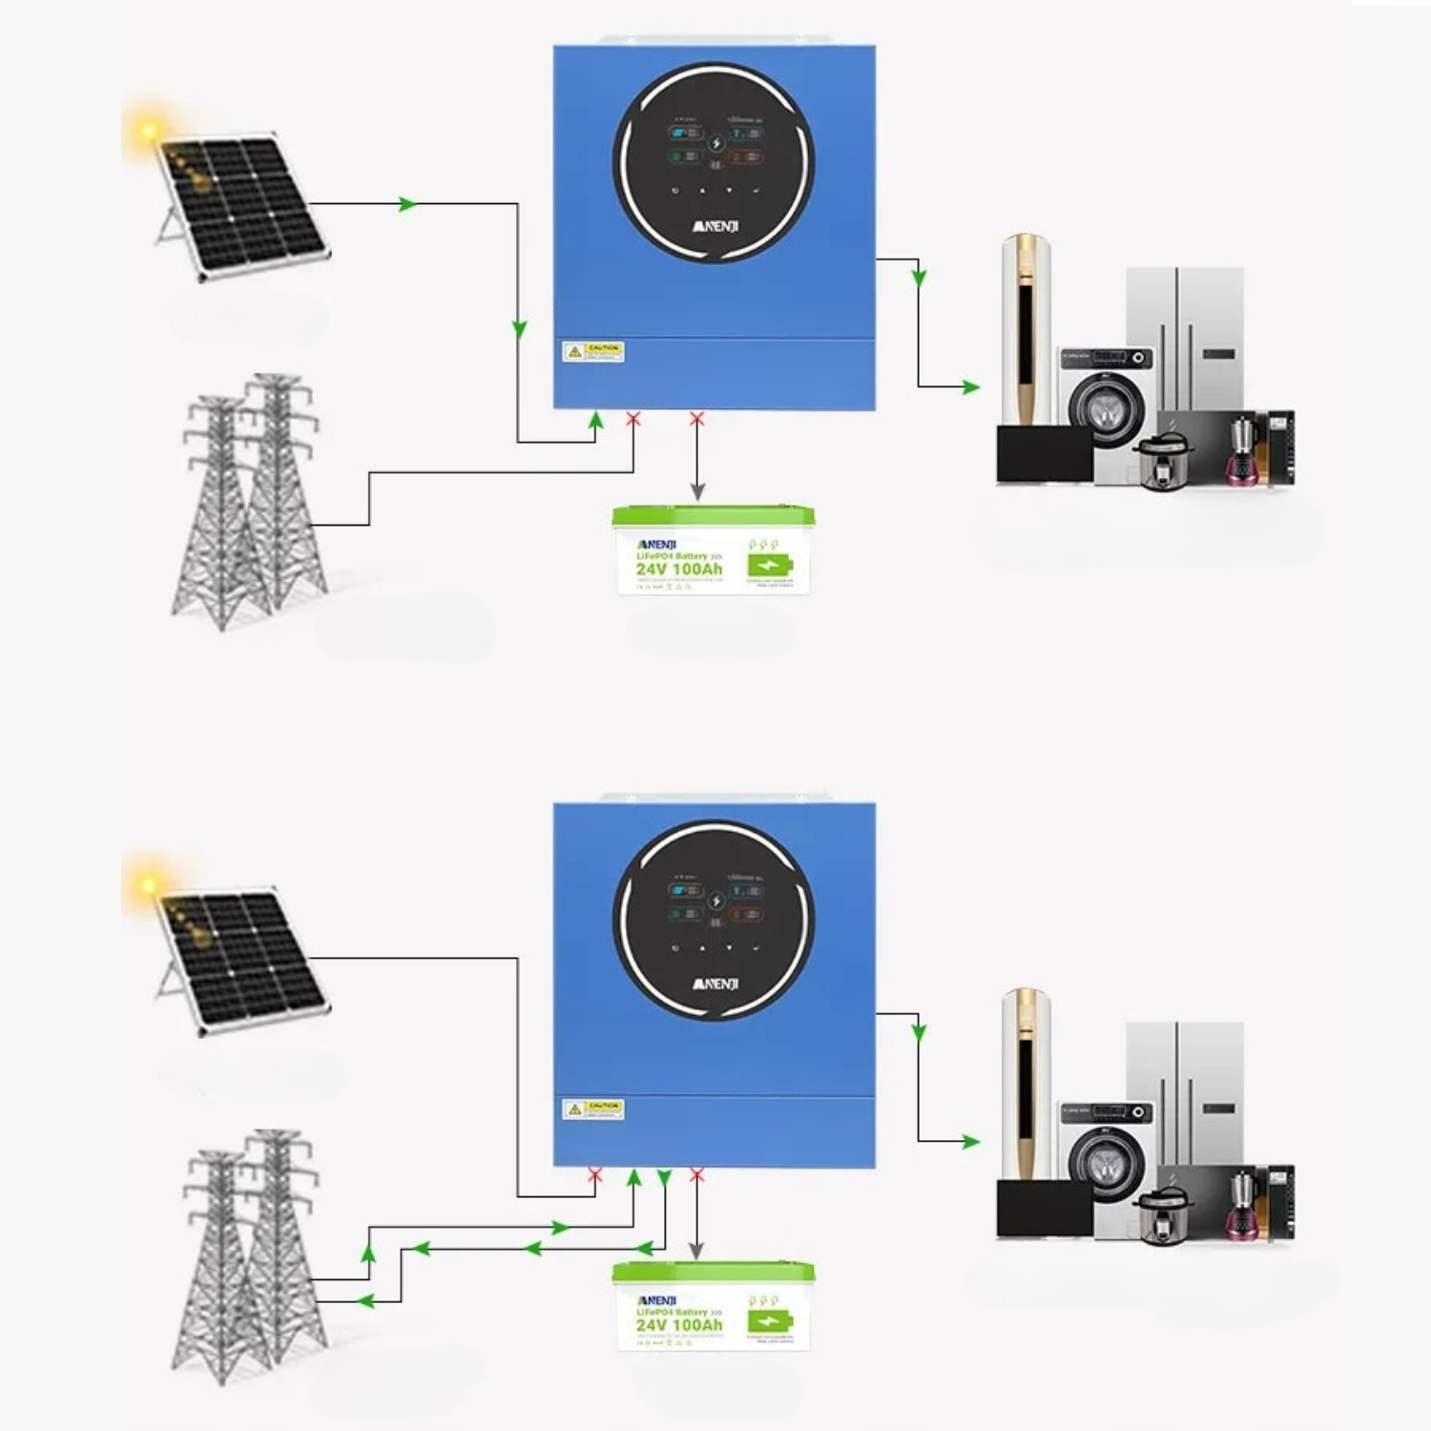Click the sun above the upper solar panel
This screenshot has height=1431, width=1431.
coord(149,132)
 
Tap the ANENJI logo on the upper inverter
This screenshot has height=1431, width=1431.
coord(715,227)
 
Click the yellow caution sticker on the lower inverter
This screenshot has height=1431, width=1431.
coord(593,1110)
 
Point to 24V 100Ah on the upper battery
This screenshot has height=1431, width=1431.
coord(679,570)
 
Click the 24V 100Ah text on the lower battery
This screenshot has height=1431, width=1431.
coord(679,1325)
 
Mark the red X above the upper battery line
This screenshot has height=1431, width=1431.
coord(697,419)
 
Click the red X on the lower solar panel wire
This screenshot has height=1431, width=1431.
coord(595,1175)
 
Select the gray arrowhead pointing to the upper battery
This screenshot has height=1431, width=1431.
coord(697,492)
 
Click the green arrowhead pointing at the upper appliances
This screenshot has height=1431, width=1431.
coord(971,386)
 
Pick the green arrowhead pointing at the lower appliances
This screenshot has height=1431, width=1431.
coord(971,1141)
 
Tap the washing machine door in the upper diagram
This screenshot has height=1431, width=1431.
coord(1107,407)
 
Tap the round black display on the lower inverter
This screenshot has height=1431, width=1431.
coord(714,919)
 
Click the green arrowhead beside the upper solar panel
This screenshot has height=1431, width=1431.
coord(408,204)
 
